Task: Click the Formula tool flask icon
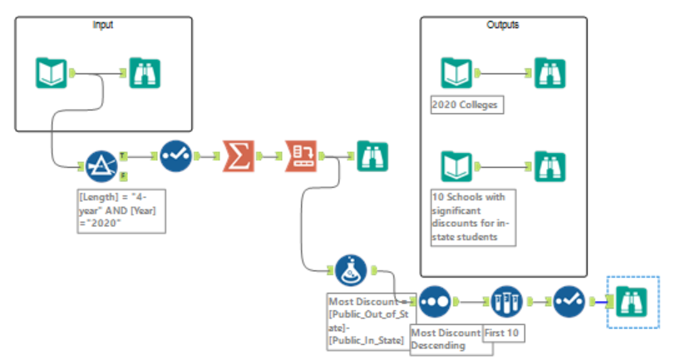[x=352, y=269]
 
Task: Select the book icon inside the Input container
[x=52, y=72]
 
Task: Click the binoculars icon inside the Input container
[x=145, y=72]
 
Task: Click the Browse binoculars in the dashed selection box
[x=631, y=302]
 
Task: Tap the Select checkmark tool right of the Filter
[x=175, y=155]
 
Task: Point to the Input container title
[x=103, y=25]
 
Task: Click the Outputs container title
[x=502, y=25]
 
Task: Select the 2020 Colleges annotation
[x=468, y=106]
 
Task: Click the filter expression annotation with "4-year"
[x=119, y=211]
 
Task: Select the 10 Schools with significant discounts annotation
[x=472, y=217]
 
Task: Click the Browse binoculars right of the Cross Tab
[x=372, y=155]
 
